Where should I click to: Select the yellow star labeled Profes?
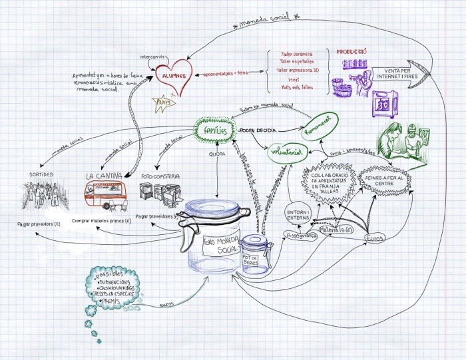[163, 102]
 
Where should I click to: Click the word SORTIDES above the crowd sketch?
[41, 174]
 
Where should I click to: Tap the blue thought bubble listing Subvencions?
[113, 287]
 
